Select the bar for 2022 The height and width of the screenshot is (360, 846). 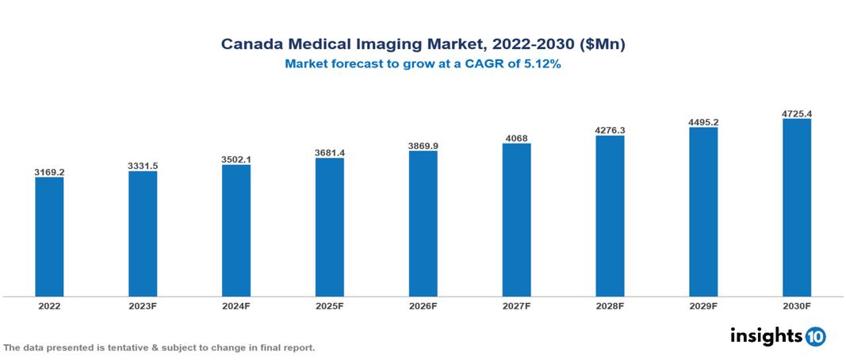(x=49, y=236)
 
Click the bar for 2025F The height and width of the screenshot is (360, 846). (x=329, y=227)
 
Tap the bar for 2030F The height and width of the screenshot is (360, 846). (x=796, y=208)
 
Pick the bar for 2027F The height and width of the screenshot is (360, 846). (x=516, y=220)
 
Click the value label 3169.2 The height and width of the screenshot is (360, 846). (x=49, y=171)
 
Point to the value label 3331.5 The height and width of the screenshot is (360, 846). (x=143, y=165)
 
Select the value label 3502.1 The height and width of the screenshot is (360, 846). (x=236, y=159)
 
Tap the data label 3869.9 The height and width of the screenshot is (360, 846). (x=423, y=146)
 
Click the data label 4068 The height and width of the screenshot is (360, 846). (x=516, y=139)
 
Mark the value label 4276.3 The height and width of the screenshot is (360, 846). (x=610, y=130)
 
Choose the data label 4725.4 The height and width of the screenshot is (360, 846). (x=796, y=113)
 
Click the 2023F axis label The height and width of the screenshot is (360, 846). (x=143, y=305)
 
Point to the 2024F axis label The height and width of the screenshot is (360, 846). (x=236, y=305)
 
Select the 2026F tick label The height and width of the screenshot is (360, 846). (x=423, y=305)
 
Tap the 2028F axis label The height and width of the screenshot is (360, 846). (x=610, y=305)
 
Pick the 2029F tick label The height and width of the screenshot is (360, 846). (x=702, y=305)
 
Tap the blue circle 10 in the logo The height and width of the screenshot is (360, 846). (x=815, y=336)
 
